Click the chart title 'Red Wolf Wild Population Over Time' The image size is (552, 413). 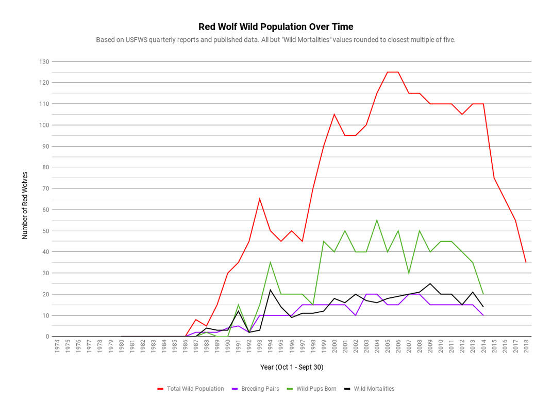[x=276, y=27]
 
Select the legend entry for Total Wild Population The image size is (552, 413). [x=195, y=389]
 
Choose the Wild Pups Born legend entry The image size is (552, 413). [x=316, y=389]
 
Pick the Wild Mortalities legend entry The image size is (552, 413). [x=374, y=389]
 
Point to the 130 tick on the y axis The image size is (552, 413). [x=44, y=62]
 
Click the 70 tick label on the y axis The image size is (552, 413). [x=45, y=188]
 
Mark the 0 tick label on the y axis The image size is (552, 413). [x=47, y=337]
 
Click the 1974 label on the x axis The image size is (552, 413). [x=57, y=346]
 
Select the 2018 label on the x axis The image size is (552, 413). [x=526, y=346]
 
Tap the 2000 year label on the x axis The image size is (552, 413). [x=334, y=346]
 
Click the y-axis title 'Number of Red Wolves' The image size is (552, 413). [x=25, y=205]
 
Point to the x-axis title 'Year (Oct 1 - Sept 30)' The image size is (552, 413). [x=292, y=367]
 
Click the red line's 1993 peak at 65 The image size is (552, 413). [x=260, y=199]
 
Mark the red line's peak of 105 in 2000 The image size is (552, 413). [x=334, y=114]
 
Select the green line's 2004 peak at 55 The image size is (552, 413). [x=377, y=220]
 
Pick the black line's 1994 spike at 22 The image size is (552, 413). [x=270, y=290]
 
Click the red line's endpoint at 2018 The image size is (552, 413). [x=526, y=262]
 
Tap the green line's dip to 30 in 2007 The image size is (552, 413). [x=409, y=273]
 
